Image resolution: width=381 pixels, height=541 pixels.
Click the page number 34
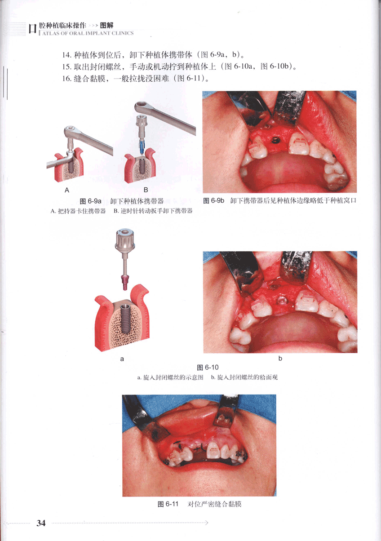(x=41, y=523)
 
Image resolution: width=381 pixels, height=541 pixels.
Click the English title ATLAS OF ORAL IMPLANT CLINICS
(x=88, y=33)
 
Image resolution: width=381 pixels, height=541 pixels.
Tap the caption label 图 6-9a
(x=91, y=201)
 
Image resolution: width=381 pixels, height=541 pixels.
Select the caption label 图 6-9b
(x=214, y=201)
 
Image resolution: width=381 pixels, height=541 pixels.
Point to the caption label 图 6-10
(x=208, y=368)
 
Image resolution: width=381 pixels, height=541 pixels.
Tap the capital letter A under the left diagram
(x=67, y=191)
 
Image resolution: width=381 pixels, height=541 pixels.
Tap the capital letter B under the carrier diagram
(x=146, y=190)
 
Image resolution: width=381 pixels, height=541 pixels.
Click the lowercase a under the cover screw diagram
(x=122, y=359)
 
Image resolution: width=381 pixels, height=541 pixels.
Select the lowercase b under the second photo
(x=280, y=359)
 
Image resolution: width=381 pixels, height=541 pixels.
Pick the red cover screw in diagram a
(x=125, y=282)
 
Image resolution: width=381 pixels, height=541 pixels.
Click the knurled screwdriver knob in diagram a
(x=124, y=240)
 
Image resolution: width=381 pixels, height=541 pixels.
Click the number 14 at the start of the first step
(x=66, y=55)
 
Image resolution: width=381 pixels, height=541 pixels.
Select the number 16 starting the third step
(x=66, y=79)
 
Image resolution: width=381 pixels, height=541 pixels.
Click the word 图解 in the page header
(x=106, y=25)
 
